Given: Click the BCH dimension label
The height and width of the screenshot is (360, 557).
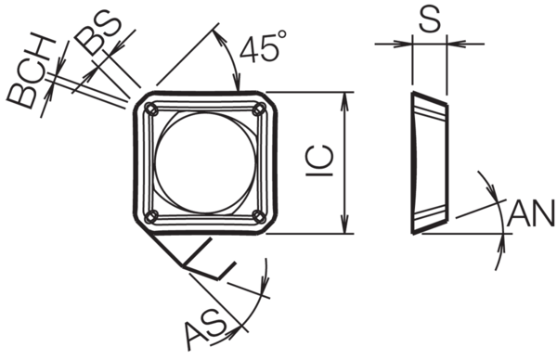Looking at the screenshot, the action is [32, 71].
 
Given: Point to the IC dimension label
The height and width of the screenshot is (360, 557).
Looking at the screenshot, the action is [320, 161].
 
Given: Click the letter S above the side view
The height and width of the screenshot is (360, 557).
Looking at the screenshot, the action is [430, 18].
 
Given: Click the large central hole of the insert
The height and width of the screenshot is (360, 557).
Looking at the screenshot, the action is [205, 163].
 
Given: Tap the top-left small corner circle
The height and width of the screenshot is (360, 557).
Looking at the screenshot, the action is [151, 109].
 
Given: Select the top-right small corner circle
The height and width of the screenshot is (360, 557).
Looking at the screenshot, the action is [259, 109].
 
